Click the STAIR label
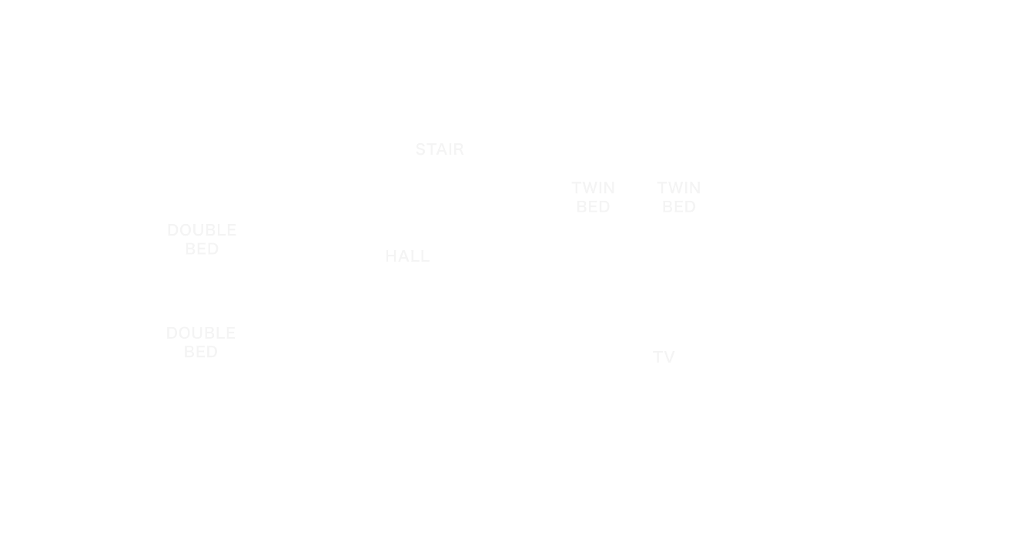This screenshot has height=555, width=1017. pos(440,149)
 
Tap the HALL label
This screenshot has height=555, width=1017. pos(407,256)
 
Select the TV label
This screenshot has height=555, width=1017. pos(664,356)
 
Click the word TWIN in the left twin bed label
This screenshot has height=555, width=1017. pos(593,188)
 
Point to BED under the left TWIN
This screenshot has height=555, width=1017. pos(593,207)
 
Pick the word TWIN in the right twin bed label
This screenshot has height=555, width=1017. pos(679,188)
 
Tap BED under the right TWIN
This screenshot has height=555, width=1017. pos(679,207)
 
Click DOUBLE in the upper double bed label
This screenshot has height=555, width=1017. pos(202,230)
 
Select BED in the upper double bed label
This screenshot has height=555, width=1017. pos(202,249)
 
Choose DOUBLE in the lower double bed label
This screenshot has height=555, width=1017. pos(201,333)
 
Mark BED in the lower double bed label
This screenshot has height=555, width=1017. pos(201,352)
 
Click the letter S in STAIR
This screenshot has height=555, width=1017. pos(421,149)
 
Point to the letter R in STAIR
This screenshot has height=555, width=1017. pos(459,149)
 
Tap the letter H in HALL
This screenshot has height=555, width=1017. pos(391,256)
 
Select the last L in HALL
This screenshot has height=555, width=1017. pos(424,256)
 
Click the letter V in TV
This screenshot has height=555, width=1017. pos(669,356)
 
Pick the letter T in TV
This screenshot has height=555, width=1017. pos(657,356)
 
